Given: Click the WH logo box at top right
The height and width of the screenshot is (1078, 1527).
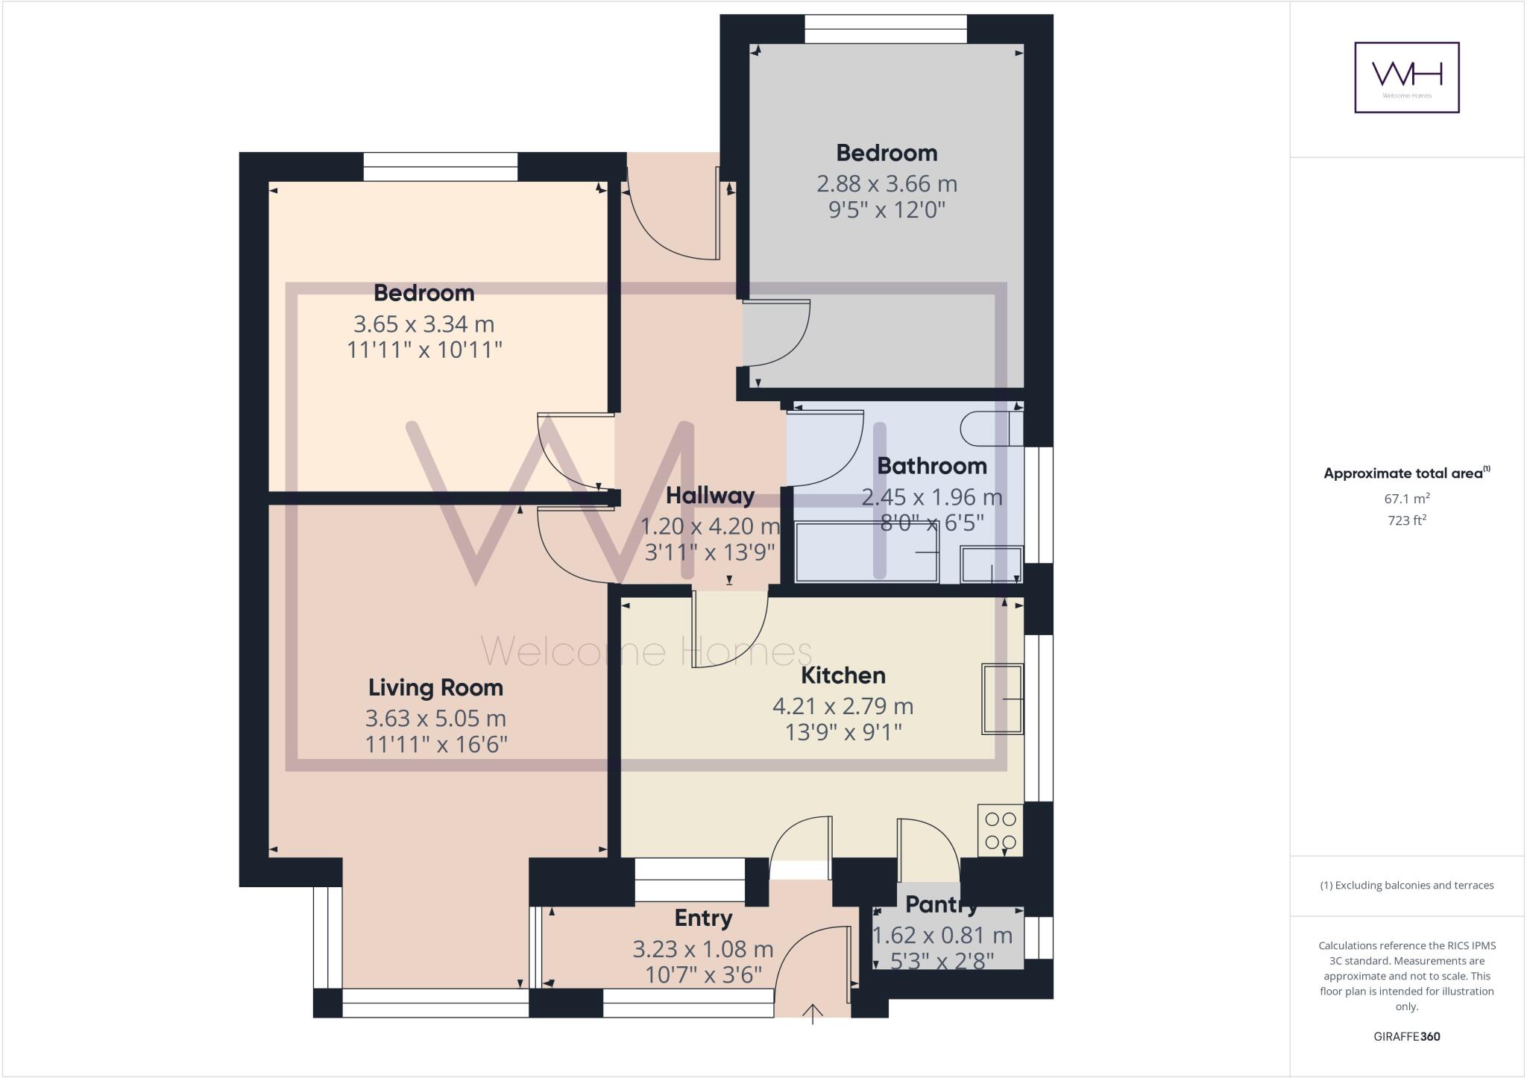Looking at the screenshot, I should click(1406, 78).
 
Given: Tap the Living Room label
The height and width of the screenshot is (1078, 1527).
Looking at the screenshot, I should click(436, 687).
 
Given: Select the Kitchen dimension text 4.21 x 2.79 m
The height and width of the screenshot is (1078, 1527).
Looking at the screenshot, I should click(843, 705).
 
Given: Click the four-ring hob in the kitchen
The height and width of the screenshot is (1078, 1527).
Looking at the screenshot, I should click(1000, 830).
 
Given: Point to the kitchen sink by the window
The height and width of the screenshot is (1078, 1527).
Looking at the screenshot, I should click(1003, 699).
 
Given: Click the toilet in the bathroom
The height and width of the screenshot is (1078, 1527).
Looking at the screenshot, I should click(990, 429).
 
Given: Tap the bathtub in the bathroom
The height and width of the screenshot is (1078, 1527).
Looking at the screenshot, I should click(867, 552).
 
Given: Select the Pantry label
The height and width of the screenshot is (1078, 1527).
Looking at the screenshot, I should click(941, 905).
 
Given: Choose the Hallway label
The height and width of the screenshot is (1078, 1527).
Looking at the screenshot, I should click(710, 495).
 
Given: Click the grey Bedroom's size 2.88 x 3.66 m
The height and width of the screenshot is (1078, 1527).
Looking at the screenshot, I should click(887, 183).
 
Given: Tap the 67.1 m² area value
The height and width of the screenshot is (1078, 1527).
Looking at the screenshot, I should click(1407, 499).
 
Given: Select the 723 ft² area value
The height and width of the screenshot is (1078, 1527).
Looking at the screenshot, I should click(1407, 520).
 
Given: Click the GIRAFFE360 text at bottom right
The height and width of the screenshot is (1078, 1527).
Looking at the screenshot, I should click(1406, 1036).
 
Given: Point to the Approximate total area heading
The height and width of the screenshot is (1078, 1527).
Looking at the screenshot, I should click(1406, 473).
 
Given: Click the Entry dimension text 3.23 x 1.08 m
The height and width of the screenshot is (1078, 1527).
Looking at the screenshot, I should click(702, 949).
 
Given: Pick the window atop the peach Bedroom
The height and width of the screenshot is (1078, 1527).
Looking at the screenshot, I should click(440, 167).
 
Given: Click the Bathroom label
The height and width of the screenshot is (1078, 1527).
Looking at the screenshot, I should click(931, 466).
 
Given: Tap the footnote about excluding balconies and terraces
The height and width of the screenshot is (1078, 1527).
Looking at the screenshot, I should click(1406, 886).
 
